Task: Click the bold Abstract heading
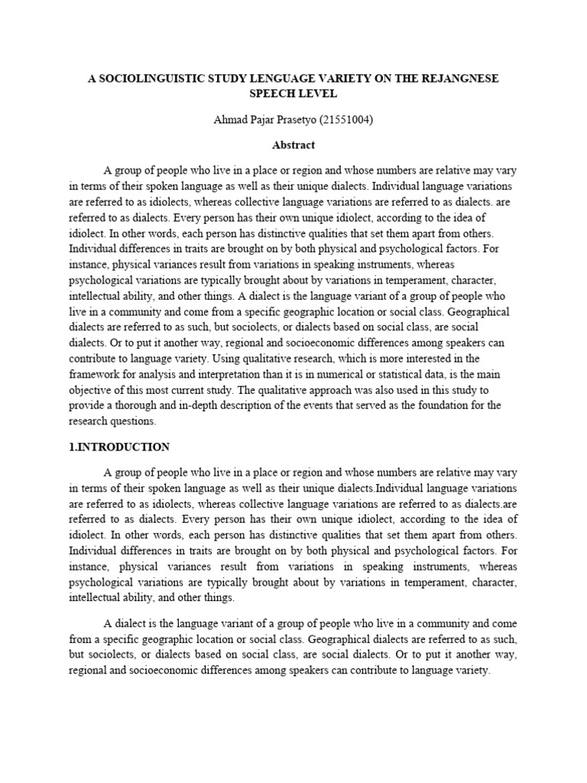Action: coord(293,144)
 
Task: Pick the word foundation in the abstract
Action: coord(447,405)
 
